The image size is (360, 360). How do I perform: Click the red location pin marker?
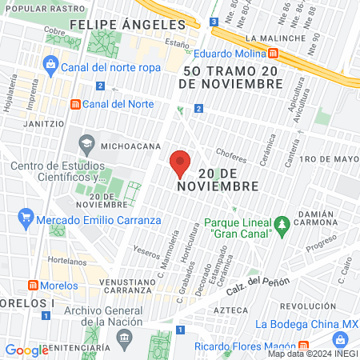tap(181, 163)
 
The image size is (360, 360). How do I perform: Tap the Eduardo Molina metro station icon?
tap(274, 54)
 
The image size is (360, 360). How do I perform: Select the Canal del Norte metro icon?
tap(76, 104)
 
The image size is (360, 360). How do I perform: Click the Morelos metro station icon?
tap(33, 286)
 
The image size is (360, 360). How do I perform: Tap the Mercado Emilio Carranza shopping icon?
tap(26, 215)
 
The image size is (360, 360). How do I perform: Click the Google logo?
tap(26, 350)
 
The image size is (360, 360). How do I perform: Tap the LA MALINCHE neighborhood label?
tap(276, 38)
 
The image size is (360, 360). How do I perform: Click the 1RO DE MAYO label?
tap(326, 158)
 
